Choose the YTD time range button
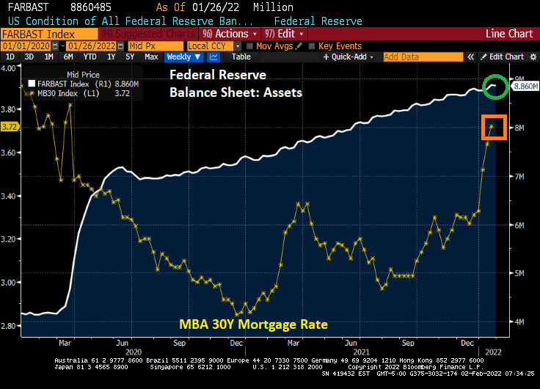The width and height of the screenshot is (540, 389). tap(90, 57)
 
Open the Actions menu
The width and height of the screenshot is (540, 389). tap(235, 34)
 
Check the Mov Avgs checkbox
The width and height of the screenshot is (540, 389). tap(251, 46)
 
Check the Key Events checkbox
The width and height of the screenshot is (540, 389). tap(313, 46)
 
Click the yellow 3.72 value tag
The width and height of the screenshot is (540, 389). tap(10, 127)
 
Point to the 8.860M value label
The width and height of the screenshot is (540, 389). tap(525, 86)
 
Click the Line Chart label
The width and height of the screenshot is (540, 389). tap(510, 34)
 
